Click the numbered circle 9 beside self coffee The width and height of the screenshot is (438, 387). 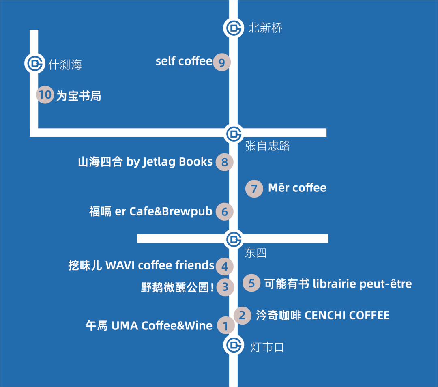point(222,62)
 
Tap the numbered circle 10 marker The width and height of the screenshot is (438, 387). point(45,95)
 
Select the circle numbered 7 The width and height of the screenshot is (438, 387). point(254,189)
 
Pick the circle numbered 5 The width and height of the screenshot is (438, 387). point(251,283)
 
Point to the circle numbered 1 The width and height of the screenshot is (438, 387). point(226,325)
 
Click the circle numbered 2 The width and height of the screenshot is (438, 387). point(243,315)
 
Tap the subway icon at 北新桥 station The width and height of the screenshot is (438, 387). point(233,28)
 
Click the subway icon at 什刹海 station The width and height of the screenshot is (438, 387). point(34,63)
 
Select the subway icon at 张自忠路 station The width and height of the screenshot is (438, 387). point(233,133)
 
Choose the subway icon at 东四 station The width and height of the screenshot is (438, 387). point(233,239)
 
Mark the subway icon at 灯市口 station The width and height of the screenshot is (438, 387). point(233,345)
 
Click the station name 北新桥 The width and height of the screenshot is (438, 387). point(265,28)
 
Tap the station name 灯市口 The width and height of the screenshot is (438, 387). point(267,347)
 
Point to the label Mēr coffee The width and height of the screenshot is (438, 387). point(297,188)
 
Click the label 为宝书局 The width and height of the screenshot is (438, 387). point(79,96)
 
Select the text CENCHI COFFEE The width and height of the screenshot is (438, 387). point(347,315)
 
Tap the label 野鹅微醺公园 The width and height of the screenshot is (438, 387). point(175,287)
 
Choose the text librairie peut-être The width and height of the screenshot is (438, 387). point(362,284)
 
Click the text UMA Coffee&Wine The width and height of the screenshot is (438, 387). point(161,325)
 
